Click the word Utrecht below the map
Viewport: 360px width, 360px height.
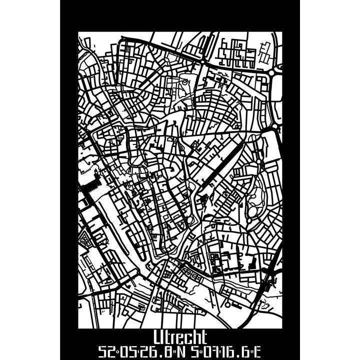coord(180,337)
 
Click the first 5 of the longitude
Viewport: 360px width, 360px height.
coord(188,352)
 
